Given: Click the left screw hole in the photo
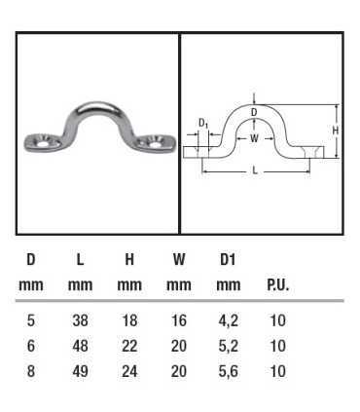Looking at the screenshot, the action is [x=44, y=144].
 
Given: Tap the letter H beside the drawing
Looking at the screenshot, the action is [x=336, y=131].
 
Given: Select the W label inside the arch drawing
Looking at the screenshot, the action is [x=255, y=138].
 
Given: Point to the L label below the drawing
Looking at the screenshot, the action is [x=255, y=170].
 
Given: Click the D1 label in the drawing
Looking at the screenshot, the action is [x=203, y=124].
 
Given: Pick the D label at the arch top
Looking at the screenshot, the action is [x=254, y=112].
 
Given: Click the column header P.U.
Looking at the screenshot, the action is [x=277, y=285].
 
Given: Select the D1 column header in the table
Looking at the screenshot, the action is [x=228, y=259].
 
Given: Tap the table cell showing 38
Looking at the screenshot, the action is [x=80, y=320].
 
